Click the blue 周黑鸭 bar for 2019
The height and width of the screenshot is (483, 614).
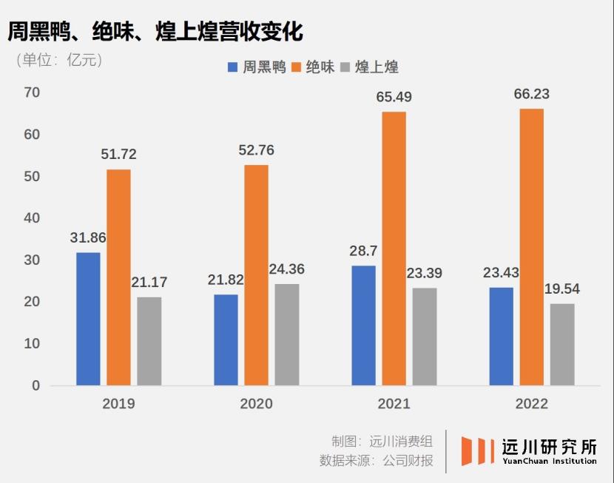[x=88, y=319]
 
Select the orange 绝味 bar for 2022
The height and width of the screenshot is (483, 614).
[x=531, y=247]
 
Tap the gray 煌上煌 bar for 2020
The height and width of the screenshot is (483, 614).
[x=287, y=334]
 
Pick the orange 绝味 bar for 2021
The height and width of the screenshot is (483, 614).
[x=394, y=249]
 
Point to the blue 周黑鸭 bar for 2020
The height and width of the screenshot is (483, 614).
[x=226, y=340]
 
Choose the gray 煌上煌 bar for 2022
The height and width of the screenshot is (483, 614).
[x=562, y=345]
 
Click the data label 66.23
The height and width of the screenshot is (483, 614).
[x=531, y=95]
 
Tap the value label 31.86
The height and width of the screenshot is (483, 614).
[x=88, y=238]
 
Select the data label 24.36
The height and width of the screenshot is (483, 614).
[x=286, y=269]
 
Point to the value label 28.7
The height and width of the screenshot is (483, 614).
[x=363, y=251]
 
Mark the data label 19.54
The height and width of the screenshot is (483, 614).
[x=561, y=289]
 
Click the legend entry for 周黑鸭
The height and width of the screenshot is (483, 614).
[x=256, y=67]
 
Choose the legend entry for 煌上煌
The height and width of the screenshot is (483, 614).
[x=369, y=67]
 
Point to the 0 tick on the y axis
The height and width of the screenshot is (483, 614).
[x=36, y=385]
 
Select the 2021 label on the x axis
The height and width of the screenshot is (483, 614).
[x=394, y=404]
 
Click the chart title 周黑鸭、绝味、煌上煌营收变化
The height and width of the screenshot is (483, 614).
[x=155, y=32]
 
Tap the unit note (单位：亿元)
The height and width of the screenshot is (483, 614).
[x=59, y=61]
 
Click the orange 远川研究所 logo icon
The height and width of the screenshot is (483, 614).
[x=477, y=450]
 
